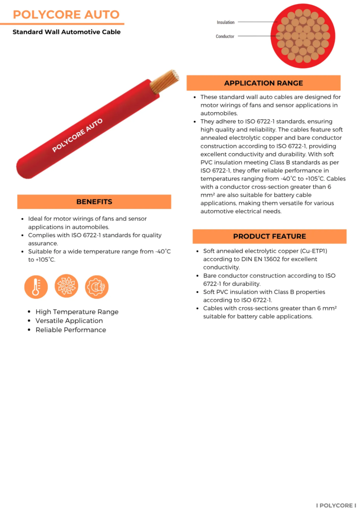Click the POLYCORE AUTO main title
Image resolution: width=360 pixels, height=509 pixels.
[66, 14]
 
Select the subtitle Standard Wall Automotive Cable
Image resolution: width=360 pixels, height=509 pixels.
[67, 32]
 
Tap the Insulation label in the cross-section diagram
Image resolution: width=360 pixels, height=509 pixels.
[225, 22]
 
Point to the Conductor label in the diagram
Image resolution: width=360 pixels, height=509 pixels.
[225, 36]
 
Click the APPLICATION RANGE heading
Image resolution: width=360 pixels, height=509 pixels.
[263, 83]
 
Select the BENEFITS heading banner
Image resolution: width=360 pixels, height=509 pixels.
[94, 202]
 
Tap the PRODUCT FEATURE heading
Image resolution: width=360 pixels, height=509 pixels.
[269, 236]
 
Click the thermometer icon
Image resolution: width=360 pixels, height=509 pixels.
[36, 287]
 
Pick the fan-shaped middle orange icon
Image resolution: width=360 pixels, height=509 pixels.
[66, 287]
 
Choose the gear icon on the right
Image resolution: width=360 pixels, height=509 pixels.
[96, 287]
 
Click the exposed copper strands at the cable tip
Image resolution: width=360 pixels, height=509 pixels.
[164, 81]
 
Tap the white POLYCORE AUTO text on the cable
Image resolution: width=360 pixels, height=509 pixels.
[78, 135]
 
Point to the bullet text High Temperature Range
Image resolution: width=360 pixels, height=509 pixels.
[77, 312]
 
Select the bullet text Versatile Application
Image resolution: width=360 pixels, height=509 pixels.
[69, 321]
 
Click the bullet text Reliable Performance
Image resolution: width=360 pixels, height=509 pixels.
[71, 330]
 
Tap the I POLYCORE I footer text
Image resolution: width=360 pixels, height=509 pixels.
[336, 505]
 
